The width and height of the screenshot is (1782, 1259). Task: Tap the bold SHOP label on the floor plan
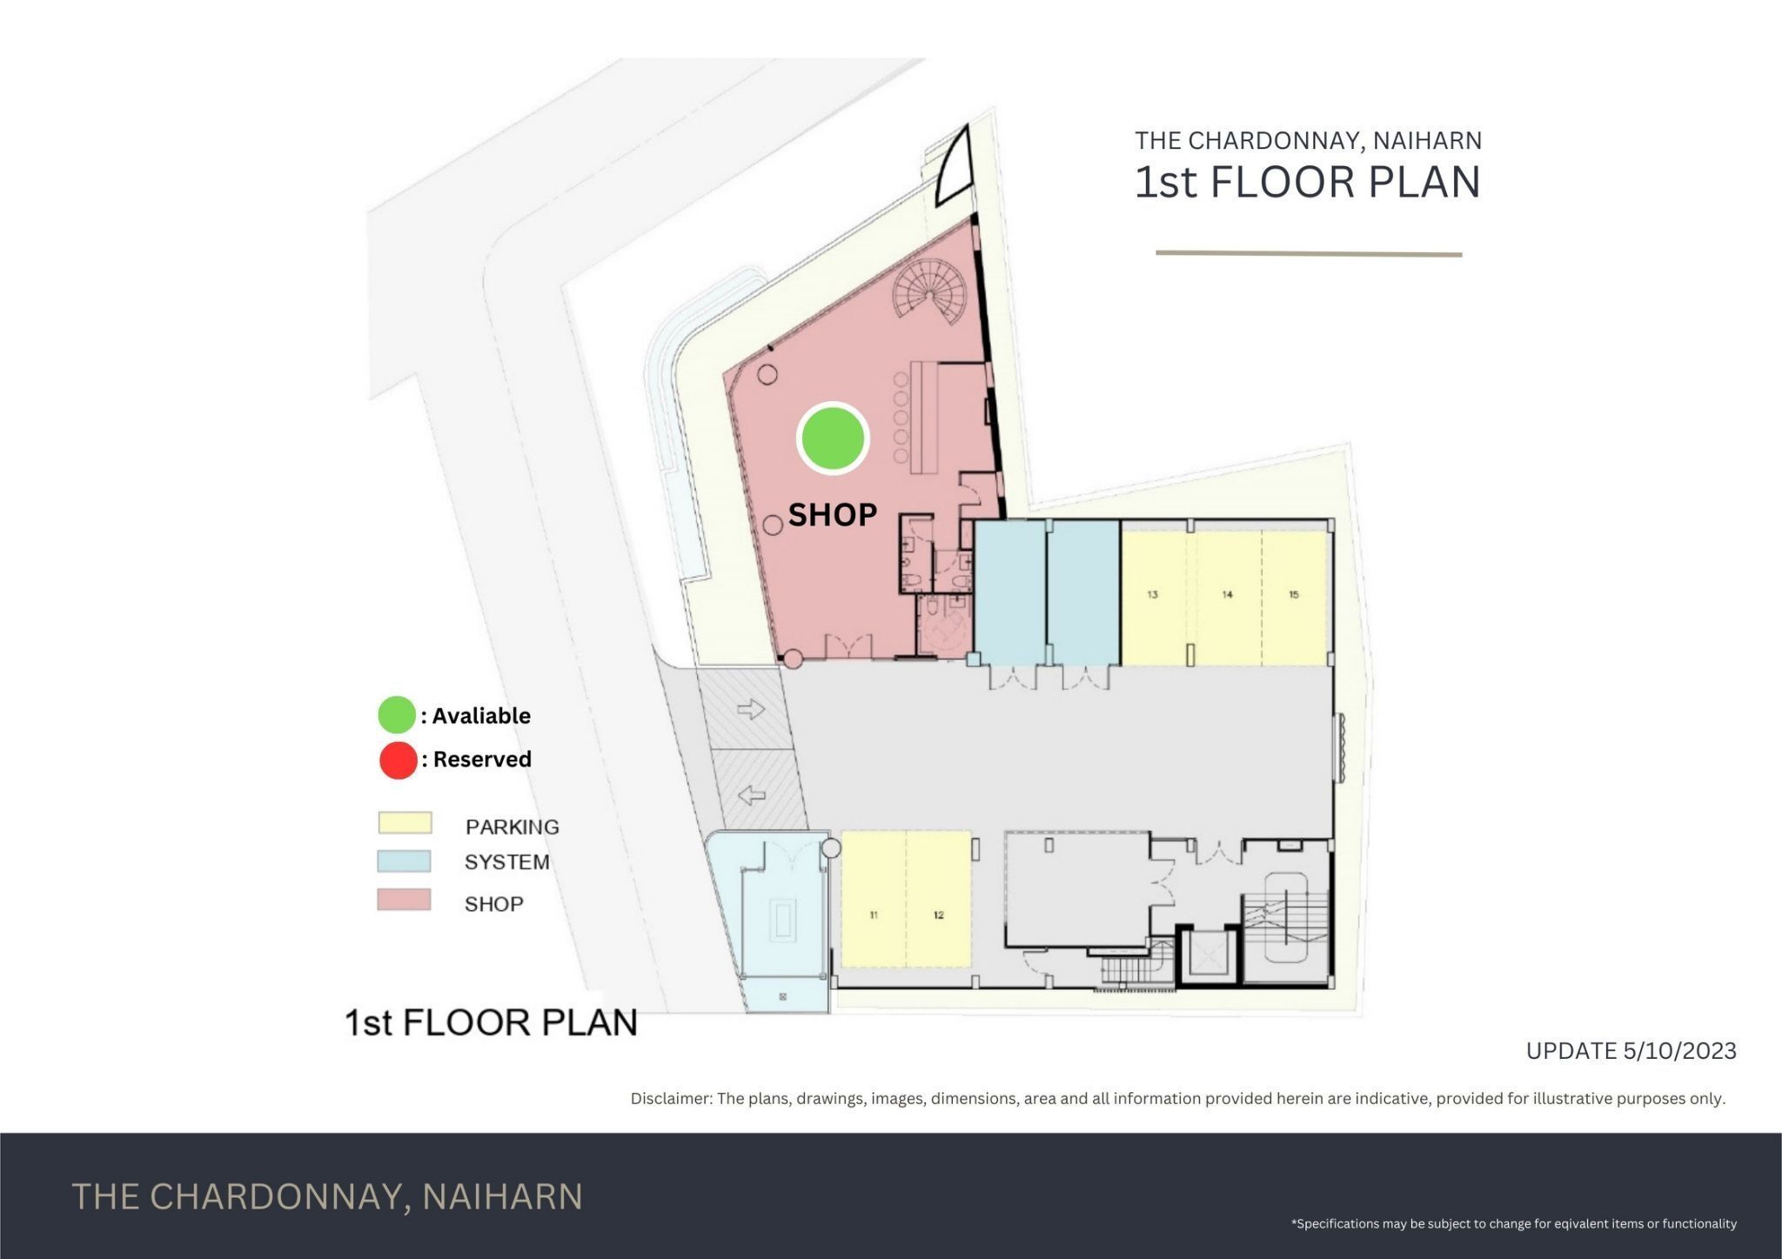[x=832, y=515]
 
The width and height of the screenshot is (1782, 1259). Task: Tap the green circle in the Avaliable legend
[x=397, y=715]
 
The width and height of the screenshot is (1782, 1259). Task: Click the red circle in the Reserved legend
[x=398, y=760]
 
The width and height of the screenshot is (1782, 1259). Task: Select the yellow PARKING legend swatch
[x=405, y=823]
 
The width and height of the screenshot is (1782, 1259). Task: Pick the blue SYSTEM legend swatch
[x=404, y=861]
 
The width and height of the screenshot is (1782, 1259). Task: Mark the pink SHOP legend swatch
[x=404, y=900]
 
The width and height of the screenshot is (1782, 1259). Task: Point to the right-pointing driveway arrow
[x=750, y=709]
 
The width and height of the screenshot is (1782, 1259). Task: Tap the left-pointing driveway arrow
[x=751, y=794]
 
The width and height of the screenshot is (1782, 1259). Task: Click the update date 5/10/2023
[x=1678, y=1051]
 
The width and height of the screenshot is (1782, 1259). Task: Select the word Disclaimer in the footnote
[x=670, y=1099]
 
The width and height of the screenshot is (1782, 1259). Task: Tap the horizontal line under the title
[x=1309, y=254]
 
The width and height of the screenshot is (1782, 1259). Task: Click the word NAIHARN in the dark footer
[x=502, y=1197]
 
